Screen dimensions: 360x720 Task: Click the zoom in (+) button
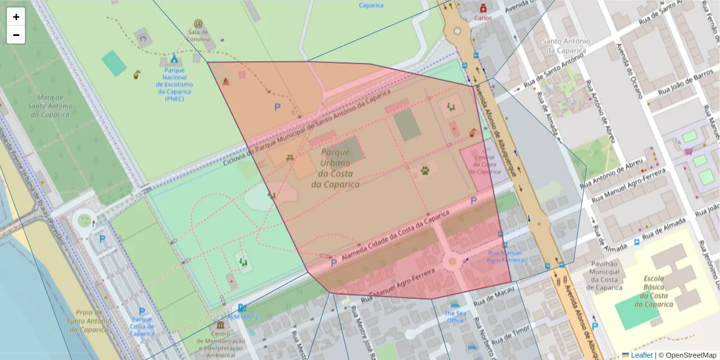[16, 17]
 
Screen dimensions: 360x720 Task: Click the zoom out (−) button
[16, 35]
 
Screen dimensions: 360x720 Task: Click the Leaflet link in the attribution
[641, 355]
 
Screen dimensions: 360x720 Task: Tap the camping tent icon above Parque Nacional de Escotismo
[173, 59]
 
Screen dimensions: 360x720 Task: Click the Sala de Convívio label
[198, 35]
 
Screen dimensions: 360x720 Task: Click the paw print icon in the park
[425, 170]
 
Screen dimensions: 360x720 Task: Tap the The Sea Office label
[455, 317]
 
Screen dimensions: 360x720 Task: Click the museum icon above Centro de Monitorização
[220, 325]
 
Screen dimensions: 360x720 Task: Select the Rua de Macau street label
[493, 298]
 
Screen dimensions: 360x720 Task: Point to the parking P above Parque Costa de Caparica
[142, 311]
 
